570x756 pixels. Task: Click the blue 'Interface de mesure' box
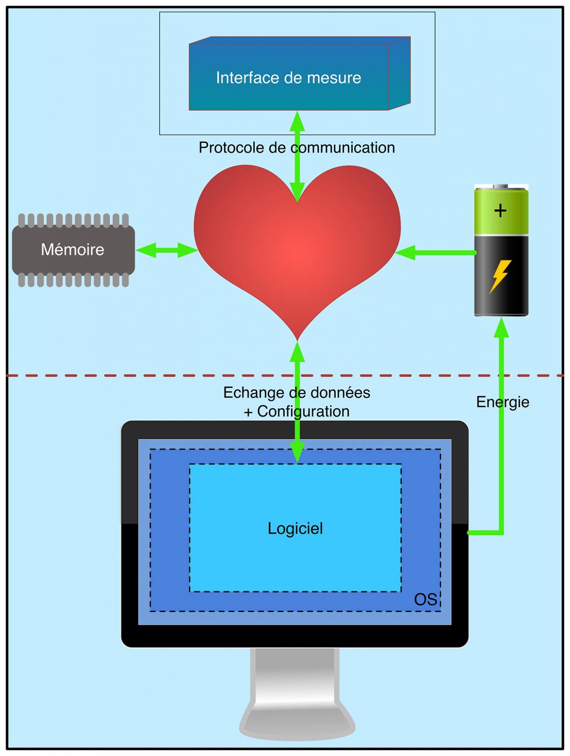(x=288, y=77)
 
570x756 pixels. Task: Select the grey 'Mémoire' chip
(x=73, y=250)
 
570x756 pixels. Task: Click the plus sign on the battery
(x=500, y=211)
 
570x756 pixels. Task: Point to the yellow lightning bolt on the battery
(x=500, y=276)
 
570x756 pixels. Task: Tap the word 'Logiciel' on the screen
(x=295, y=528)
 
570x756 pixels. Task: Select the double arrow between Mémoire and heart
(x=167, y=250)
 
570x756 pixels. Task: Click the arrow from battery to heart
(x=435, y=253)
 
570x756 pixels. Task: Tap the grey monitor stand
(x=297, y=692)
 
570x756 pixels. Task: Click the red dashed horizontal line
(x=151, y=375)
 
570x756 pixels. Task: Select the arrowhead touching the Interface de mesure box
(x=297, y=121)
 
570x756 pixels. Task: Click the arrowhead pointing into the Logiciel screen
(x=297, y=454)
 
